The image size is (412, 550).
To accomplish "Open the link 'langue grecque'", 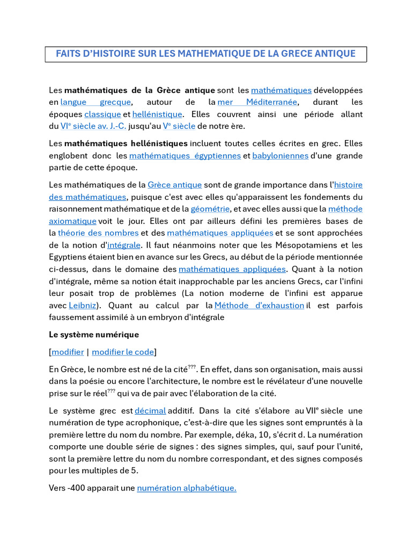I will pyautogui.click(x=95, y=102).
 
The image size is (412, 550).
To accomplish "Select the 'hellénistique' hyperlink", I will pyautogui.click(x=157, y=114).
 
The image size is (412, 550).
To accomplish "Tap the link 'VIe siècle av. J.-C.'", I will pyautogui.click(x=94, y=126).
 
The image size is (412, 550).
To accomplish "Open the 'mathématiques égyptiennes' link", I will pyautogui.click(x=185, y=156).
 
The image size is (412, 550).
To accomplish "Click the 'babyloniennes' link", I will pyautogui.click(x=280, y=156).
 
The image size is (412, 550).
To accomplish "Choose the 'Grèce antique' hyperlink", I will pyautogui.click(x=175, y=185).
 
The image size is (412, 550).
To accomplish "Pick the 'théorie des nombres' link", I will pyautogui.click(x=98, y=233).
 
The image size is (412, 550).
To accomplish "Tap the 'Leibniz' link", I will pyautogui.click(x=83, y=306).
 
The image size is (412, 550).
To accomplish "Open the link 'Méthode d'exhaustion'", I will pyautogui.click(x=259, y=306).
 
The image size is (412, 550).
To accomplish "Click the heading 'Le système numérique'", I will pyautogui.click(x=94, y=335).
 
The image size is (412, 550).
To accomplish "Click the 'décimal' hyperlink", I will pyautogui.click(x=150, y=411).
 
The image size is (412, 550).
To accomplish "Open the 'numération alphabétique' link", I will pyautogui.click(x=187, y=488).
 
